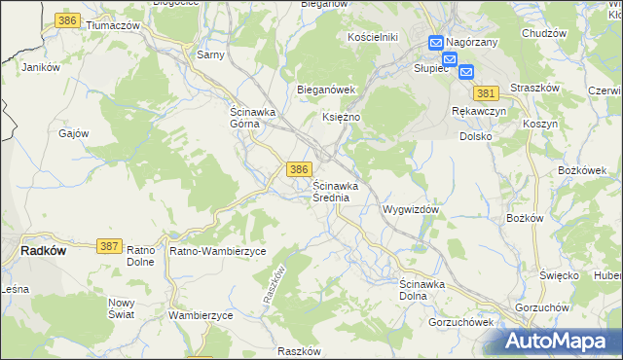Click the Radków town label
click(x=43, y=250)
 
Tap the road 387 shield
click(x=110, y=248)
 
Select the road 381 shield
click(x=488, y=93)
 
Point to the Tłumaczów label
click(x=113, y=25)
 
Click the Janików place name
click(x=41, y=68)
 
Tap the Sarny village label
click(x=210, y=54)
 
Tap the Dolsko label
click(x=477, y=137)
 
